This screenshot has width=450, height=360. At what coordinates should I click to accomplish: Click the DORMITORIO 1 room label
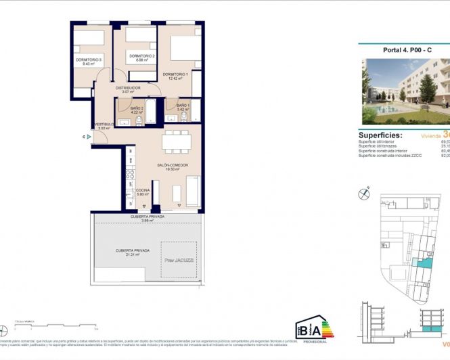click(175, 74)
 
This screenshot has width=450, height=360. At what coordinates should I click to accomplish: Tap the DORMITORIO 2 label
click(142, 56)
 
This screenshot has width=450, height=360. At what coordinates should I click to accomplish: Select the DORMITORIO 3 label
click(89, 60)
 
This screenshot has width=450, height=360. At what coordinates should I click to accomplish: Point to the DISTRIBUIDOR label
click(127, 88)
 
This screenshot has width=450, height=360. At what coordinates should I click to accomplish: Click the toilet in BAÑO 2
click(138, 120)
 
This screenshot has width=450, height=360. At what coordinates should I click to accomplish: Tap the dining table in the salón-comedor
click(177, 142)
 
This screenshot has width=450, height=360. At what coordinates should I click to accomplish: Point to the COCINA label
click(143, 191)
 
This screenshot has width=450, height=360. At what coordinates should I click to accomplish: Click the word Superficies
click(383, 135)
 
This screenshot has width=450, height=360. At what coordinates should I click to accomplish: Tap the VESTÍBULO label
click(104, 125)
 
